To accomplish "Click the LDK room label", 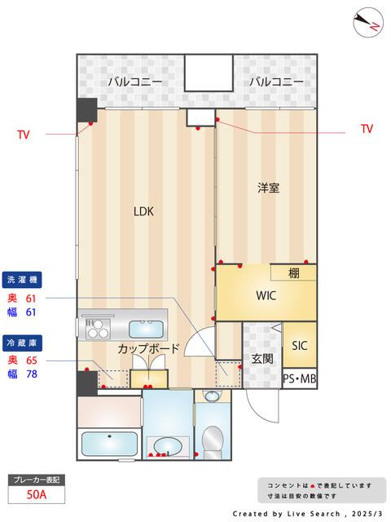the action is (143, 211).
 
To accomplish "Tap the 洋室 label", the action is (268, 188).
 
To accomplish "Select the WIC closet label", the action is (266, 295).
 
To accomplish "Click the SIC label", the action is (299, 346).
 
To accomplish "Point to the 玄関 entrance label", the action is (262, 359).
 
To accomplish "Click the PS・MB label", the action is (299, 378).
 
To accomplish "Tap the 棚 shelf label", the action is (293, 273).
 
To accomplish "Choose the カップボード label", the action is (148, 348).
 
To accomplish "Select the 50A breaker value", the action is (37, 494).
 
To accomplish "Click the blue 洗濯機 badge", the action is (22, 280).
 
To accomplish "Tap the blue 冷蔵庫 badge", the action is (22, 343).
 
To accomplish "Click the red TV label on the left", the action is (24, 135).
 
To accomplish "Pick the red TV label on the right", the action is (367, 129).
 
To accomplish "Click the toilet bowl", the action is (213, 439).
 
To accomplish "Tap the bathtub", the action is (109, 444).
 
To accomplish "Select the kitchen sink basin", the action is (146, 330).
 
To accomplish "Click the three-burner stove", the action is (98, 329).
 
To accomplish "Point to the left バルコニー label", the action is (135, 82).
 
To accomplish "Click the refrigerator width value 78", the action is (32, 374).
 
